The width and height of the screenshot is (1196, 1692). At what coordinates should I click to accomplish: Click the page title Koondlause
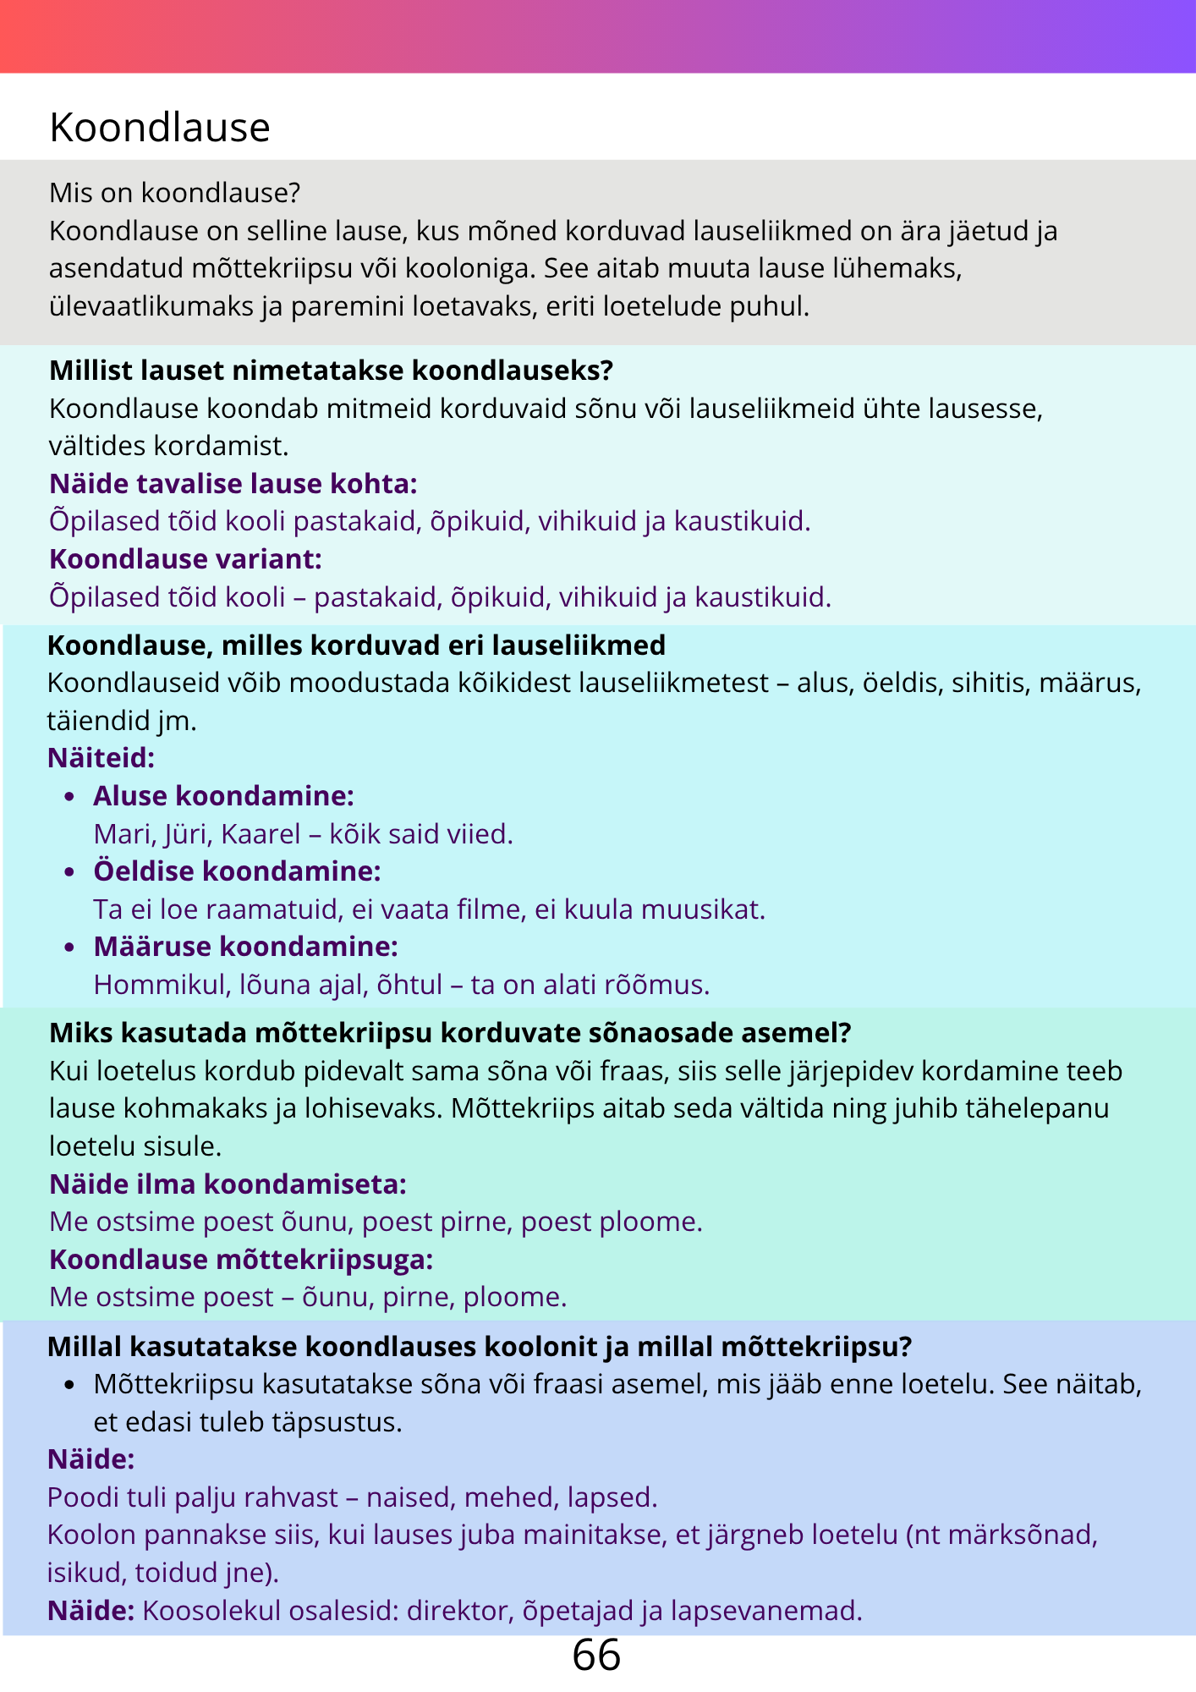(x=160, y=128)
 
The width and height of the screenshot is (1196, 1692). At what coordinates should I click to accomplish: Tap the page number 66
(x=596, y=1655)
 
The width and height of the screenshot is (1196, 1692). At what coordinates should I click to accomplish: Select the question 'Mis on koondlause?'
(x=175, y=193)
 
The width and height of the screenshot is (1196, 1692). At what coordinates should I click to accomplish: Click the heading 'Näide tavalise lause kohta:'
(x=233, y=484)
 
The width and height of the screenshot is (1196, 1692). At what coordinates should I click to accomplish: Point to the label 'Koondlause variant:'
(x=186, y=559)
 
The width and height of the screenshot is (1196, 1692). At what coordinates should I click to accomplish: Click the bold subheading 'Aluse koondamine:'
(x=223, y=796)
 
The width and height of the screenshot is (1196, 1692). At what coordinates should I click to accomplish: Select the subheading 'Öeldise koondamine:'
(x=237, y=871)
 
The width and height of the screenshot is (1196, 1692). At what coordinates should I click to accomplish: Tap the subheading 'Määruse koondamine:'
(x=245, y=947)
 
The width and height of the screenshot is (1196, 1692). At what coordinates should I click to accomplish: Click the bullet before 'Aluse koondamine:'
(x=71, y=797)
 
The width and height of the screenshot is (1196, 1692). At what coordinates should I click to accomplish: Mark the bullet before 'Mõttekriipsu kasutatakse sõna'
(x=71, y=1386)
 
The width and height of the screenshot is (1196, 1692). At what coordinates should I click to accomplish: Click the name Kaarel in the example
(x=261, y=834)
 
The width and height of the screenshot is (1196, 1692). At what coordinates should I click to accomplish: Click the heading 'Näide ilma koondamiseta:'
(x=228, y=1184)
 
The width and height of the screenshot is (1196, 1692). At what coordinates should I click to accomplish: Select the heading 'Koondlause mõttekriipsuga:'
(x=241, y=1260)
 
